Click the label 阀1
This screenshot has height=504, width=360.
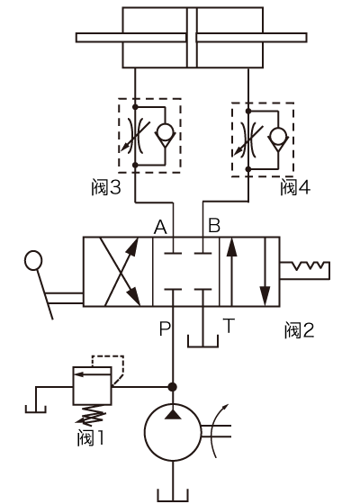91,437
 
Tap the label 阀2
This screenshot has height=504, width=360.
299,330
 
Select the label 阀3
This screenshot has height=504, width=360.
106,187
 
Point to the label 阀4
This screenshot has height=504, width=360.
295,187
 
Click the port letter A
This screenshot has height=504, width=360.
161,227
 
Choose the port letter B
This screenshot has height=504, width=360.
214,225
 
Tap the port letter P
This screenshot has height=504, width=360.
165,328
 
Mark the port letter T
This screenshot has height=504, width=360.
229,325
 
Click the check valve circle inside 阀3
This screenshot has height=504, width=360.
166,132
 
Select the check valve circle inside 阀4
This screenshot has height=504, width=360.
278,136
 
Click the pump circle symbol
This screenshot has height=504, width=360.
173,432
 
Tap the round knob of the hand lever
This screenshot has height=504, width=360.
33,260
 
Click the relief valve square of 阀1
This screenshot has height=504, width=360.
92,385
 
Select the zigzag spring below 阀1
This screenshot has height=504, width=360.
92,415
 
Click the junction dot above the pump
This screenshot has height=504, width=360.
173,387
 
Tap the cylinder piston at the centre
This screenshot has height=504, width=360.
192,38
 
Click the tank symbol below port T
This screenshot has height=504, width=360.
202,341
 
